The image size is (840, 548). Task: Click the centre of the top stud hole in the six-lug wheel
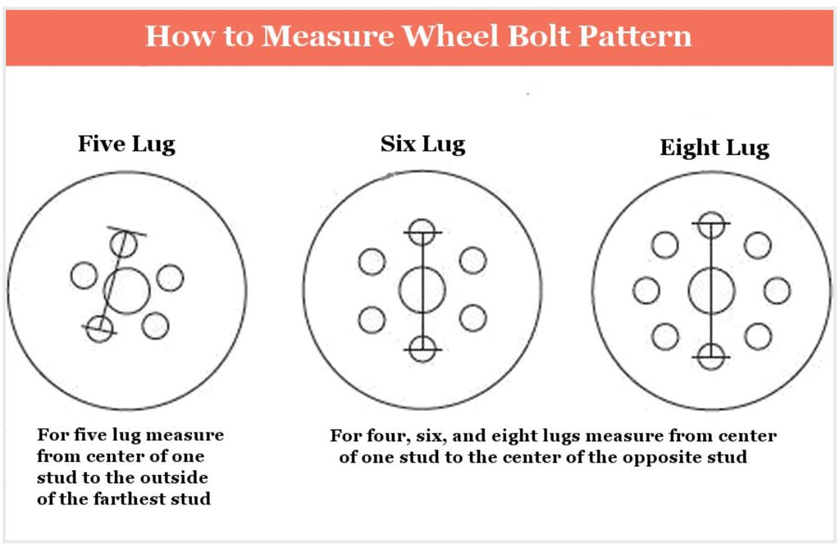[422, 232]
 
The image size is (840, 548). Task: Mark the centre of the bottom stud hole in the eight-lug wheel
[711, 356]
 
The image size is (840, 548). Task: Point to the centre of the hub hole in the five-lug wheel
[126, 291]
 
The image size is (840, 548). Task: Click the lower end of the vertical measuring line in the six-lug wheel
[422, 349]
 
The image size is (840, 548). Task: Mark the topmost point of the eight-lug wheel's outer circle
[713, 172]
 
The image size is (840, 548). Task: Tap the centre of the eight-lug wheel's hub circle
[711, 291]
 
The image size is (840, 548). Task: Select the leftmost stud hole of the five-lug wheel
[84, 276]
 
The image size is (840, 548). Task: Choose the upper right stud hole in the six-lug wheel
[473, 260]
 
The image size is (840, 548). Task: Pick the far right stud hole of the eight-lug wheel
[777, 290]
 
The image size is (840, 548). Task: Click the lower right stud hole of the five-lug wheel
[155, 325]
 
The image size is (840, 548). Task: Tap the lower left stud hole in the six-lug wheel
[372, 320]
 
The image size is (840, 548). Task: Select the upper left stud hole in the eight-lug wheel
[664, 244]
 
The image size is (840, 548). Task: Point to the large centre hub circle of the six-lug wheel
[422, 290]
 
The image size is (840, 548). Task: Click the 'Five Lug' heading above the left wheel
[126, 144]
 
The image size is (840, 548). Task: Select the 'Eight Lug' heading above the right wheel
[714, 148]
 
